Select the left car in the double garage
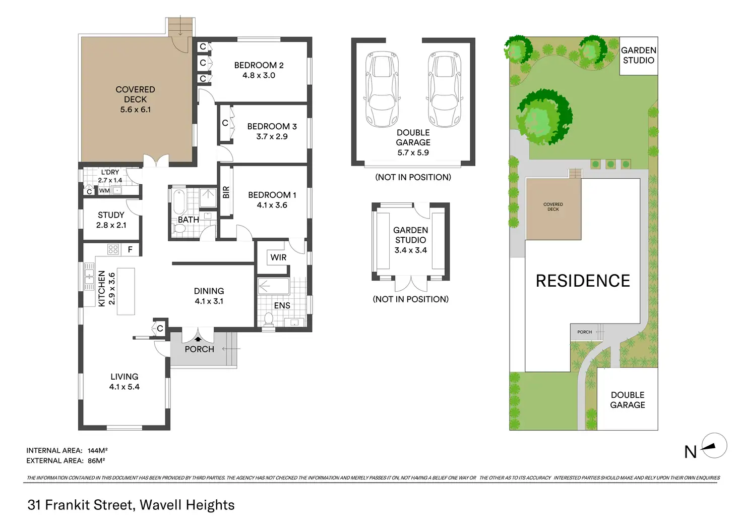coord(383,90)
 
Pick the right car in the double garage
coord(445,90)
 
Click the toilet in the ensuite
coord(268,319)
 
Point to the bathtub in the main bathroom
coord(178,203)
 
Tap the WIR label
coord(278,257)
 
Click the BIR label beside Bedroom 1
coord(226,192)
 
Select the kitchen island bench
coord(126,291)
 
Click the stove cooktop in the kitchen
coord(113,249)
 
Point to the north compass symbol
coord(714,446)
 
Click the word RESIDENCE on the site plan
coord(583,281)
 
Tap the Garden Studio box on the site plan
coord(638,56)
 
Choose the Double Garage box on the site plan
coord(627,400)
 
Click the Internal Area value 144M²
coord(97,450)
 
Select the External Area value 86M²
coord(96,460)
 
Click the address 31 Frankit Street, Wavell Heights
coord(131,505)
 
